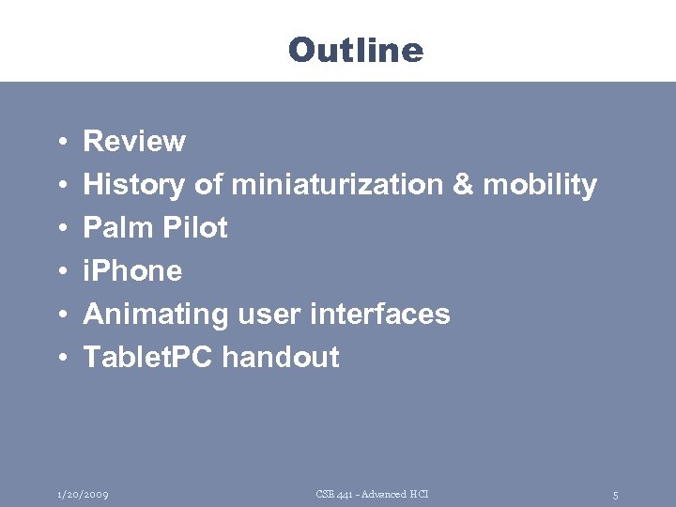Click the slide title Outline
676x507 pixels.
click(x=356, y=49)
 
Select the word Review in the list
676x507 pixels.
click(x=134, y=142)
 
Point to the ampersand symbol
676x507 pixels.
click(x=463, y=185)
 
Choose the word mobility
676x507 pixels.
click(x=539, y=186)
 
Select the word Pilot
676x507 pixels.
click(x=193, y=228)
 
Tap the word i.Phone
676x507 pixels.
click(x=132, y=271)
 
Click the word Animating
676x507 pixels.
click(x=155, y=315)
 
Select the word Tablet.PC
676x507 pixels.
click(x=148, y=358)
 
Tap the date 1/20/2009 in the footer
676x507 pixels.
click(x=82, y=494)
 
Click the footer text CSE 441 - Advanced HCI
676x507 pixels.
click(x=372, y=494)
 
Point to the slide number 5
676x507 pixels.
click(x=615, y=495)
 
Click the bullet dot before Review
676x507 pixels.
click(x=59, y=143)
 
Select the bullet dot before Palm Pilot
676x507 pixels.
click(x=59, y=229)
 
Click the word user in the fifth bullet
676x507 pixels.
click(x=265, y=315)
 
